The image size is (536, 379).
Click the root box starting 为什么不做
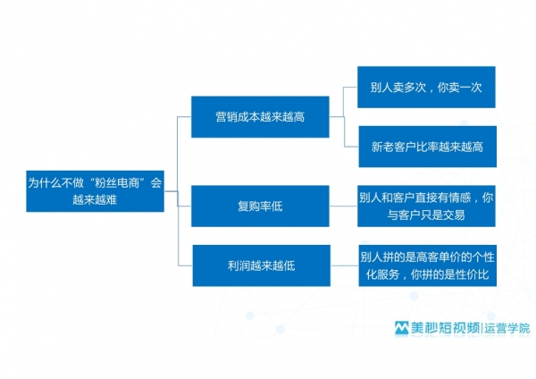click(x=95, y=191)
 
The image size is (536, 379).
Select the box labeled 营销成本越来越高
click(x=260, y=116)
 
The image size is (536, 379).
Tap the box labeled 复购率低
click(x=260, y=206)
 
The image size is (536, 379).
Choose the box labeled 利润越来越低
click(x=262, y=265)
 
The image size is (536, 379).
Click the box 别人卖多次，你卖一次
click(x=426, y=87)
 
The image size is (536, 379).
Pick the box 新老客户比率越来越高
click(x=428, y=147)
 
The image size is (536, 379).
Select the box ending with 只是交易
click(x=426, y=206)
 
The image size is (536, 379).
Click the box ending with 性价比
click(x=428, y=265)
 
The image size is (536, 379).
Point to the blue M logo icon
click(x=402, y=328)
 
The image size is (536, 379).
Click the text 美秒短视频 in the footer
click(x=445, y=328)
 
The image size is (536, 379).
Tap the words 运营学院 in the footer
click(x=507, y=328)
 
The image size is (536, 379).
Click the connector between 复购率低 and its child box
click(x=343, y=206)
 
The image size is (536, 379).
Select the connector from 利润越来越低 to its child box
click(x=345, y=265)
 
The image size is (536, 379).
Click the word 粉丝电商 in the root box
click(x=116, y=183)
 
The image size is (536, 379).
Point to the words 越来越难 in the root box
click(x=95, y=199)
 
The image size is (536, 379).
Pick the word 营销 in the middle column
click(x=227, y=117)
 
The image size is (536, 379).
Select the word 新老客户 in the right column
click(x=393, y=147)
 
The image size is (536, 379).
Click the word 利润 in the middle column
click(x=239, y=265)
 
